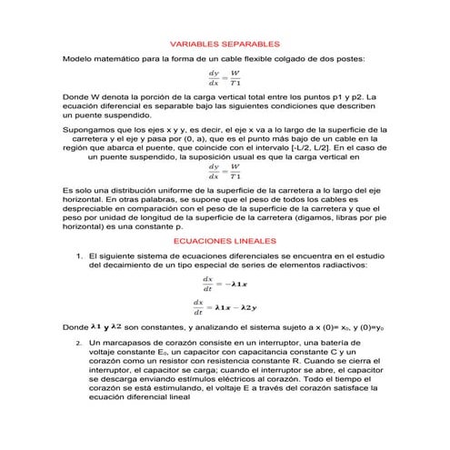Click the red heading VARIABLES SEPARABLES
[x=225, y=44]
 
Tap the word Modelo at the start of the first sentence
[x=76, y=59]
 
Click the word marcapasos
[x=122, y=343]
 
